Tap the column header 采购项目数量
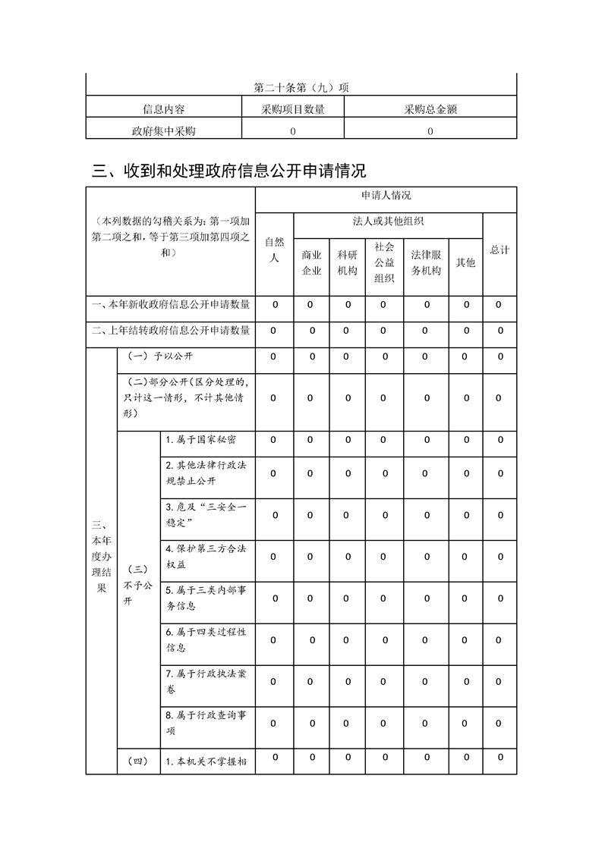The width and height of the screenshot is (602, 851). (x=293, y=109)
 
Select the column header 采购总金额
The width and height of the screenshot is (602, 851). (x=430, y=109)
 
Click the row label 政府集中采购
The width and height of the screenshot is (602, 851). (x=163, y=130)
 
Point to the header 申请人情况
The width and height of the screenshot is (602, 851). (x=386, y=196)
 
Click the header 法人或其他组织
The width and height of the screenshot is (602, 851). (x=388, y=221)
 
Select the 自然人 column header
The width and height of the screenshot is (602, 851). (x=274, y=250)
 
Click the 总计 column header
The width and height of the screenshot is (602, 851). (x=500, y=250)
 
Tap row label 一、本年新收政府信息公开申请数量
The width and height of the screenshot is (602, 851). (x=170, y=305)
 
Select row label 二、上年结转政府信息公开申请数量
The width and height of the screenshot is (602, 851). (x=170, y=331)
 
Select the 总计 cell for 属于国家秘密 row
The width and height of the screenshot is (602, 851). (x=500, y=440)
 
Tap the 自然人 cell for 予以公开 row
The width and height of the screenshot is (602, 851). (x=274, y=355)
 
